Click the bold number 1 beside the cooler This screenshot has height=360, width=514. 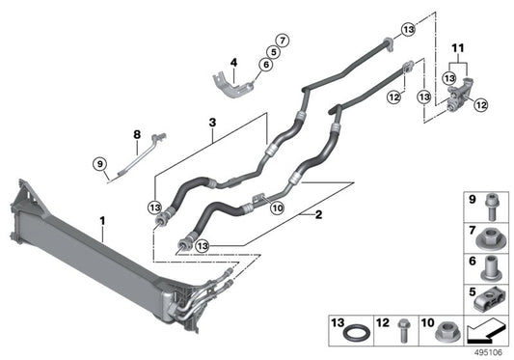tap(103, 222)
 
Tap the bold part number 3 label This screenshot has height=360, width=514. tap(211, 124)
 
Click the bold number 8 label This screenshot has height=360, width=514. tap(137, 133)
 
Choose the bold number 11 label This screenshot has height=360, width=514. tap(459, 46)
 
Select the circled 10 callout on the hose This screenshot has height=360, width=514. tap(276, 207)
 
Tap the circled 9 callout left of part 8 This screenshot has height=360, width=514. tap(99, 163)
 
